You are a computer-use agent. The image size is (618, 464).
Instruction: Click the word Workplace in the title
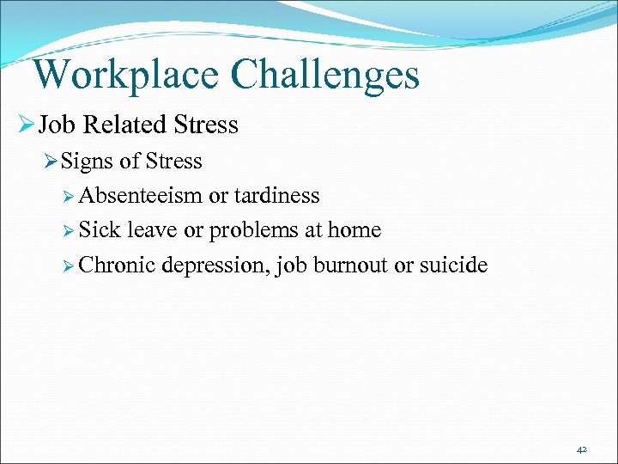pyautogui.click(x=127, y=75)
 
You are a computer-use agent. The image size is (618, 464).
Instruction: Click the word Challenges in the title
pyautogui.click(x=326, y=75)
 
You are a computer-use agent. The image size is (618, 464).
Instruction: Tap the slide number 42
pyautogui.click(x=582, y=449)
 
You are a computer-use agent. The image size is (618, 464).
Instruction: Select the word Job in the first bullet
pyautogui.click(x=57, y=125)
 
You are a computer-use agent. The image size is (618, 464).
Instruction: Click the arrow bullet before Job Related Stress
pyautogui.click(x=25, y=126)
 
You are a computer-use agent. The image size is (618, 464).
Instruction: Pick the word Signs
pyautogui.click(x=89, y=162)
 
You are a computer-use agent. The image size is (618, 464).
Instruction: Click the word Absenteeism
pyautogui.click(x=141, y=196)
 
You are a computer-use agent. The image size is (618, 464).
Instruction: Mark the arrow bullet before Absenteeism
pyautogui.click(x=70, y=197)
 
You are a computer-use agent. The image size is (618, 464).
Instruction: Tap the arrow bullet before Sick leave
pyautogui.click(x=70, y=231)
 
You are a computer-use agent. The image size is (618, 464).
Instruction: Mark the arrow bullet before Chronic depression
pyautogui.click(x=70, y=266)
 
